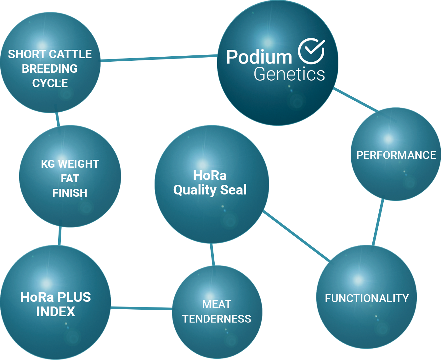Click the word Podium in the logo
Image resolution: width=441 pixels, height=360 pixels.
pyautogui.click(x=259, y=57)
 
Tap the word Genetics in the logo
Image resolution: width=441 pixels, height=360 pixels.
pyautogui.click(x=289, y=74)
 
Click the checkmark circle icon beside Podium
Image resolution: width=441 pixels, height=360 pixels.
pyautogui.click(x=311, y=51)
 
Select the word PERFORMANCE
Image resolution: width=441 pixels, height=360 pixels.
pyautogui.click(x=396, y=155)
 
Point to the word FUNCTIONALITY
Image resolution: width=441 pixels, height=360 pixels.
pyautogui.click(x=367, y=298)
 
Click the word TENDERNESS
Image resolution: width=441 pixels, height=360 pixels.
pyautogui.click(x=217, y=319)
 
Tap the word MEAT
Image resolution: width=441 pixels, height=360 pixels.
pyautogui.click(x=217, y=304)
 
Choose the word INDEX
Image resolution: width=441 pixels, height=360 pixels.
pyautogui.click(x=56, y=312)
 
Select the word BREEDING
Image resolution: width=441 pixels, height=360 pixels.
pyautogui.click(x=50, y=69)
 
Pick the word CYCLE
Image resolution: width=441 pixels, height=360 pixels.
pyautogui.click(x=50, y=83)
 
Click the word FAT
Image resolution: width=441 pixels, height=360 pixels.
pyautogui.click(x=70, y=178)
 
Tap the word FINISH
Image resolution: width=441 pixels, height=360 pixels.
pyautogui.click(x=70, y=193)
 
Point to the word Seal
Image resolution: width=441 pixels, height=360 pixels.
pyautogui.click(x=233, y=190)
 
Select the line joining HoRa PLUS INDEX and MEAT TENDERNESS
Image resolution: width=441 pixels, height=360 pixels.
pyautogui.click(x=141, y=308)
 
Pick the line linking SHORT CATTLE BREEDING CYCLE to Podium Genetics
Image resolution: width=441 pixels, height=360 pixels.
pyautogui.click(x=159, y=58)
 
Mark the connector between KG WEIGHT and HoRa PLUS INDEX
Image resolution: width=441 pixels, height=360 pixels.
pyautogui.click(x=59, y=236)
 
